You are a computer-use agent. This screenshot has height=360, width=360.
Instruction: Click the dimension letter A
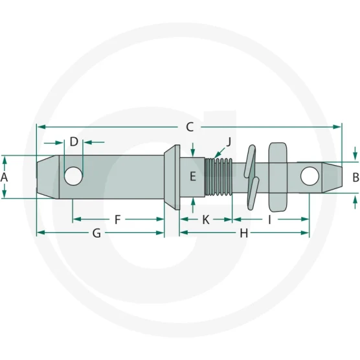(x=4, y=177)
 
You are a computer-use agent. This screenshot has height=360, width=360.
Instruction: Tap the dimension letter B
(x=355, y=177)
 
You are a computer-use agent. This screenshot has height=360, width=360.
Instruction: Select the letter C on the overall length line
(x=190, y=127)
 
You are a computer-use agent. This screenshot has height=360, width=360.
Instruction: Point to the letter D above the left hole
(x=74, y=142)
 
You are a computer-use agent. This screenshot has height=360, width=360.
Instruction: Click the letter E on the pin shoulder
(x=193, y=177)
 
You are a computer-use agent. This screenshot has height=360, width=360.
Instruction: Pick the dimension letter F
(x=118, y=219)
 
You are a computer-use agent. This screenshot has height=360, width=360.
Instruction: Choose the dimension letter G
(x=96, y=233)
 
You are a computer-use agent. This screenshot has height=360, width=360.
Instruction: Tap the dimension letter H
(x=244, y=233)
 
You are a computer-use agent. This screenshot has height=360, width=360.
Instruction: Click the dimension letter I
(x=270, y=219)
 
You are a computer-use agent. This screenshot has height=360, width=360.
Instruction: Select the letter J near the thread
(x=229, y=141)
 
